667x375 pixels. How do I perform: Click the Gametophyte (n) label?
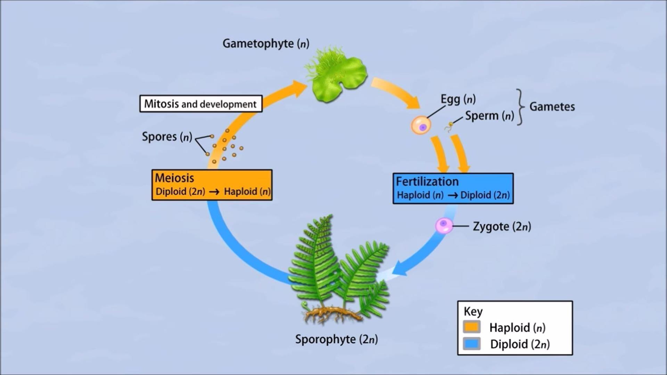[x=266, y=44]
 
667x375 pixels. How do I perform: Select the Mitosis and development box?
[x=201, y=104]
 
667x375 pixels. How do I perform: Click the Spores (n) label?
[x=167, y=137]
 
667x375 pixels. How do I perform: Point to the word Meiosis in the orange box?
[x=174, y=178]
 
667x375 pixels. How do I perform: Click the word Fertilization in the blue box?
[x=427, y=182]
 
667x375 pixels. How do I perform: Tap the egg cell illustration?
[x=421, y=125]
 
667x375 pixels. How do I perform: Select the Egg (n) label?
[x=458, y=99]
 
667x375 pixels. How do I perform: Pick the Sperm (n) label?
[x=489, y=116]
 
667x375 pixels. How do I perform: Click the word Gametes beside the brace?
[x=552, y=107]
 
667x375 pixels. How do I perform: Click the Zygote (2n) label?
[x=502, y=226]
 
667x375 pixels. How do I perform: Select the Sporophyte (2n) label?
[x=336, y=339]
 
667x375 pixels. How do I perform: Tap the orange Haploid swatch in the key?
[x=472, y=327]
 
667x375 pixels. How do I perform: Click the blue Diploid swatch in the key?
[x=472, y=344]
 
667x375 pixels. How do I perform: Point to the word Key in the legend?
[x=473, y=311]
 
